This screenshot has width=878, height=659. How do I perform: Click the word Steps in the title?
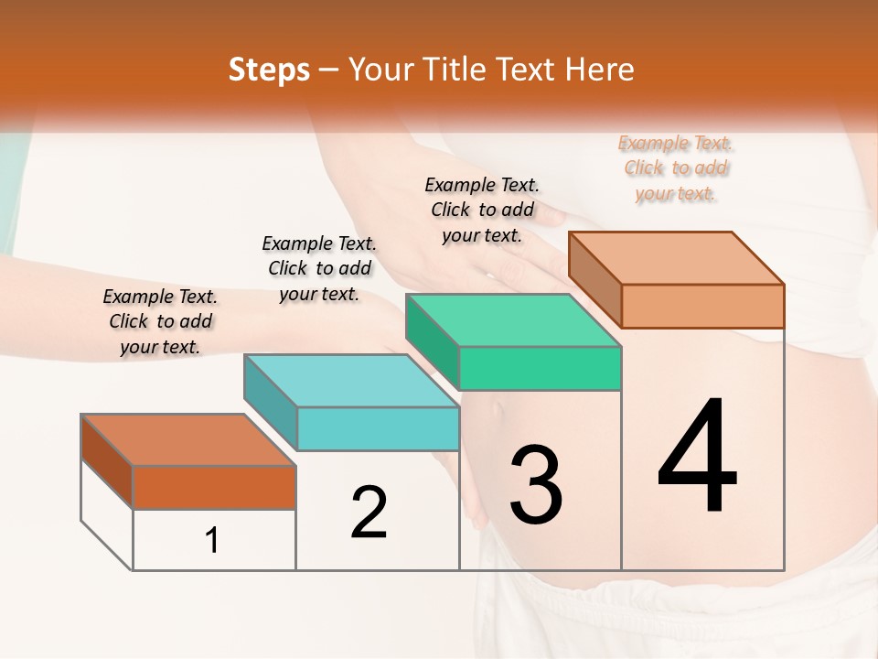(269, 70)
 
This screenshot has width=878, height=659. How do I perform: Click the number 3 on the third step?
(535, 484)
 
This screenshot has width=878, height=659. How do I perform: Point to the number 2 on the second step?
(369, 513)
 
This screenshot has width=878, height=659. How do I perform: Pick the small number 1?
(212, 540)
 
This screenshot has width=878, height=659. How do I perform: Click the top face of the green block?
(512, 320)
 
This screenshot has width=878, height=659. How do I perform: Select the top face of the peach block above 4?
(675, 257)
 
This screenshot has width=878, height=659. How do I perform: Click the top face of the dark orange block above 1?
(187, 440)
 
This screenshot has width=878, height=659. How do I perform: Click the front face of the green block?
(540, 368)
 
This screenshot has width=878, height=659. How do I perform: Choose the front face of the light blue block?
(378, 428)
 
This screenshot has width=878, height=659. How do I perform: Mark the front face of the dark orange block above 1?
(214, 487)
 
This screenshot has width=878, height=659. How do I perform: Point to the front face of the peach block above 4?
(702, 305)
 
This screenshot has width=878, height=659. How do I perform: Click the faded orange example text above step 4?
(676, 167)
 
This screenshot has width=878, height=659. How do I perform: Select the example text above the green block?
(482, 210)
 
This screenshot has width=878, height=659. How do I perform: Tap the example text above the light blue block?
(319, 268)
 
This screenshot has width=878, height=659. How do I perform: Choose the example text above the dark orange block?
(160, 321)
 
